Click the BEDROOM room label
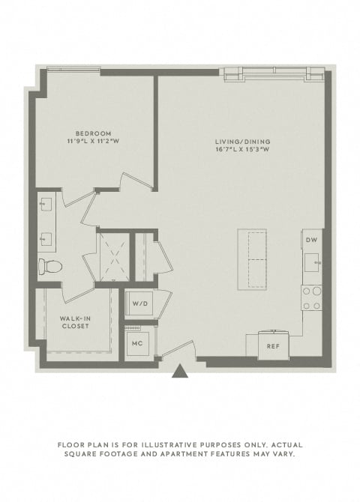pyautogui.click(x=93, y=133)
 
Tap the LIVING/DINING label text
pyautogui.click(x=243, y=141)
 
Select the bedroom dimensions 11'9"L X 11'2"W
pyautogui.click(x=93, y=141)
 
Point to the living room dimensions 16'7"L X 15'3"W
pyautogui.click(x=243, y=149)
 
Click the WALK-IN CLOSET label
pyautogui.click(x=75, y=322)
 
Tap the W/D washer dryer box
pyautogui.click(x=140, y=303)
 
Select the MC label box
pyautogui.click(x=137, y=343)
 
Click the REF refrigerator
pyautogui.click(x=274, y=345)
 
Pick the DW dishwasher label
pyautogui.click(x=311, y=240)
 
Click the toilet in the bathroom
pyautogui.click(x=50, y=267)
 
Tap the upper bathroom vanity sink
pyautogui.click(x=46, y=205)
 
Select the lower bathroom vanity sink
pyautogui.click(x=46, y=239)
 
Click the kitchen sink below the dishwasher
pyautogui.click(x=311, y=262)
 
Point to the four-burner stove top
pyautogui.click(x=311, y=298)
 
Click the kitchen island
pyautogui.click(x=252, y=260)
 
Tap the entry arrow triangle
pyautogui.click(x=180, y=371)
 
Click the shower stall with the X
pyautogui.click(x=115, y=257)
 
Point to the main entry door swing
pyautogui.click(x=178, y=349)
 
